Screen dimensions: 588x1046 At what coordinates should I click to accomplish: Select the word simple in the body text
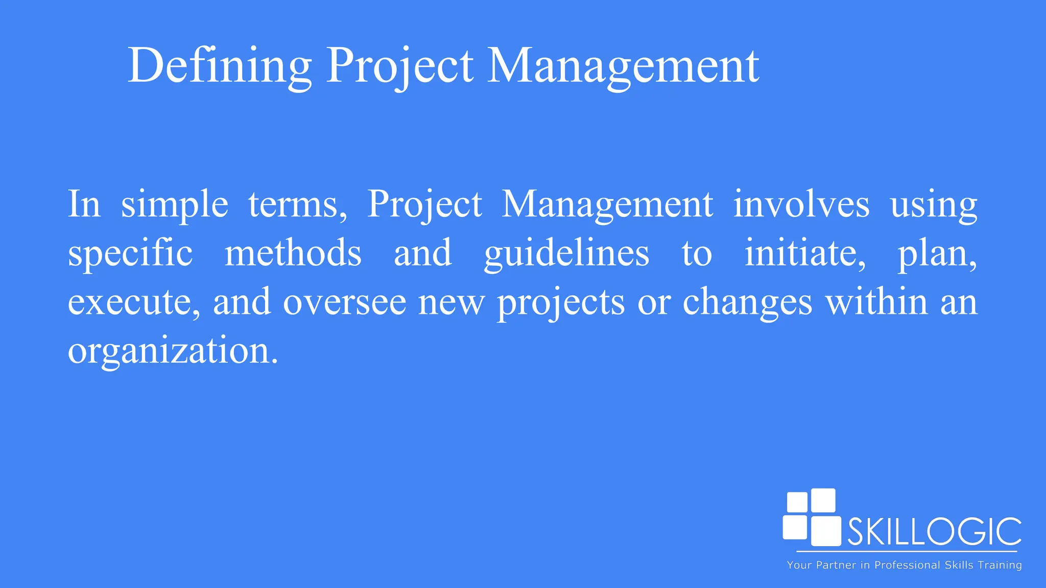[174, 204]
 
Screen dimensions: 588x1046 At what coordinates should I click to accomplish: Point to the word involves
[801, 204]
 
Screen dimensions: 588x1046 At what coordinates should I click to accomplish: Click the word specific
[130, 253]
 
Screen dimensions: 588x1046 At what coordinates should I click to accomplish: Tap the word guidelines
[566, 253]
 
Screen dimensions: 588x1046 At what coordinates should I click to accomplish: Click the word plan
[936, 253]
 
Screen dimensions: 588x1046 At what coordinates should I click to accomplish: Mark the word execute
[133, 302]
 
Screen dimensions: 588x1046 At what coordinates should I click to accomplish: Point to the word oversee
[345, 302]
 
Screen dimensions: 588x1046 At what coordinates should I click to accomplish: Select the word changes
[747, 302]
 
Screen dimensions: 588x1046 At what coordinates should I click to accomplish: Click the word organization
[173, 351]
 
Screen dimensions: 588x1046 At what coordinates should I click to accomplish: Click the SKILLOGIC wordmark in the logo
[934, 532]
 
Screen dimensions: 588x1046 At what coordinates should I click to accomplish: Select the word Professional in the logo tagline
[907, 565]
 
